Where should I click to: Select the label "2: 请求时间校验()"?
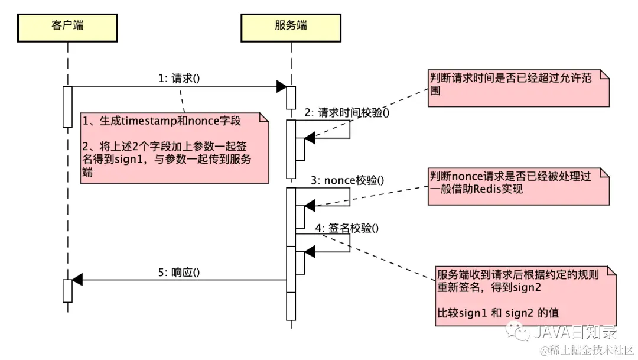click(x=347, y=112)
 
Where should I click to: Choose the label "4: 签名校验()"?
click(x=347, y=227)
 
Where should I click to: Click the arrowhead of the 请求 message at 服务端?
click(x=282, y=87)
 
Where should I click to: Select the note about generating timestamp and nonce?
click(x=175, y=148)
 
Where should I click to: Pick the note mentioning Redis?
click(x=518, y=185)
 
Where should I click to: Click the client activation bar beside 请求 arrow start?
click(x=67, y=106)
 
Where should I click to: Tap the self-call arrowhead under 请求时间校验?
click(x=309, y=138)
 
